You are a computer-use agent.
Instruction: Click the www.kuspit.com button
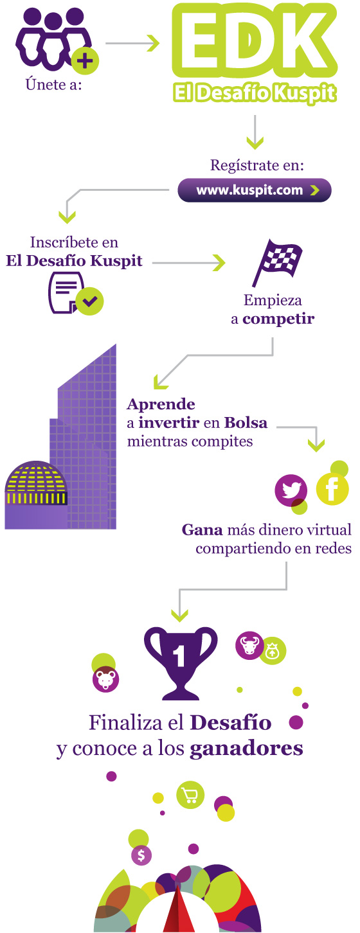click(x=254, y=190)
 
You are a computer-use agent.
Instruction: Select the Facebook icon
click(x=332, y=489)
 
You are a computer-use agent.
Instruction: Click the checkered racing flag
click(x=277, y=262)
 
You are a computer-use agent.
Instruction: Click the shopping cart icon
click(x=190, y=795)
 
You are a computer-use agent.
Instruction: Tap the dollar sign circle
click(x=141, y=855)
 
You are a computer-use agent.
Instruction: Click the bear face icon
click(x=105, y=679)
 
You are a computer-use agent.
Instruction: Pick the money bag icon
click(x=273, y=651)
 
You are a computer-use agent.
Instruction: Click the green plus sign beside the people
click(x=85, y=62)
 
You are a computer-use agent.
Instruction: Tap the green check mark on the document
click(x=91, y=301)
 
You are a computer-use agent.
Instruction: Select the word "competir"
click(x=278, y=319)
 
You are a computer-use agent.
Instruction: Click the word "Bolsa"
click(x=246, y=423)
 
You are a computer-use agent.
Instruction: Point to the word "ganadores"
click(x=246, y=749)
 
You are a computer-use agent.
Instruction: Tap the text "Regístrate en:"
click(x=257, y=165)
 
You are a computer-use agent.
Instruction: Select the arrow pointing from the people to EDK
click(x=132, y=43)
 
